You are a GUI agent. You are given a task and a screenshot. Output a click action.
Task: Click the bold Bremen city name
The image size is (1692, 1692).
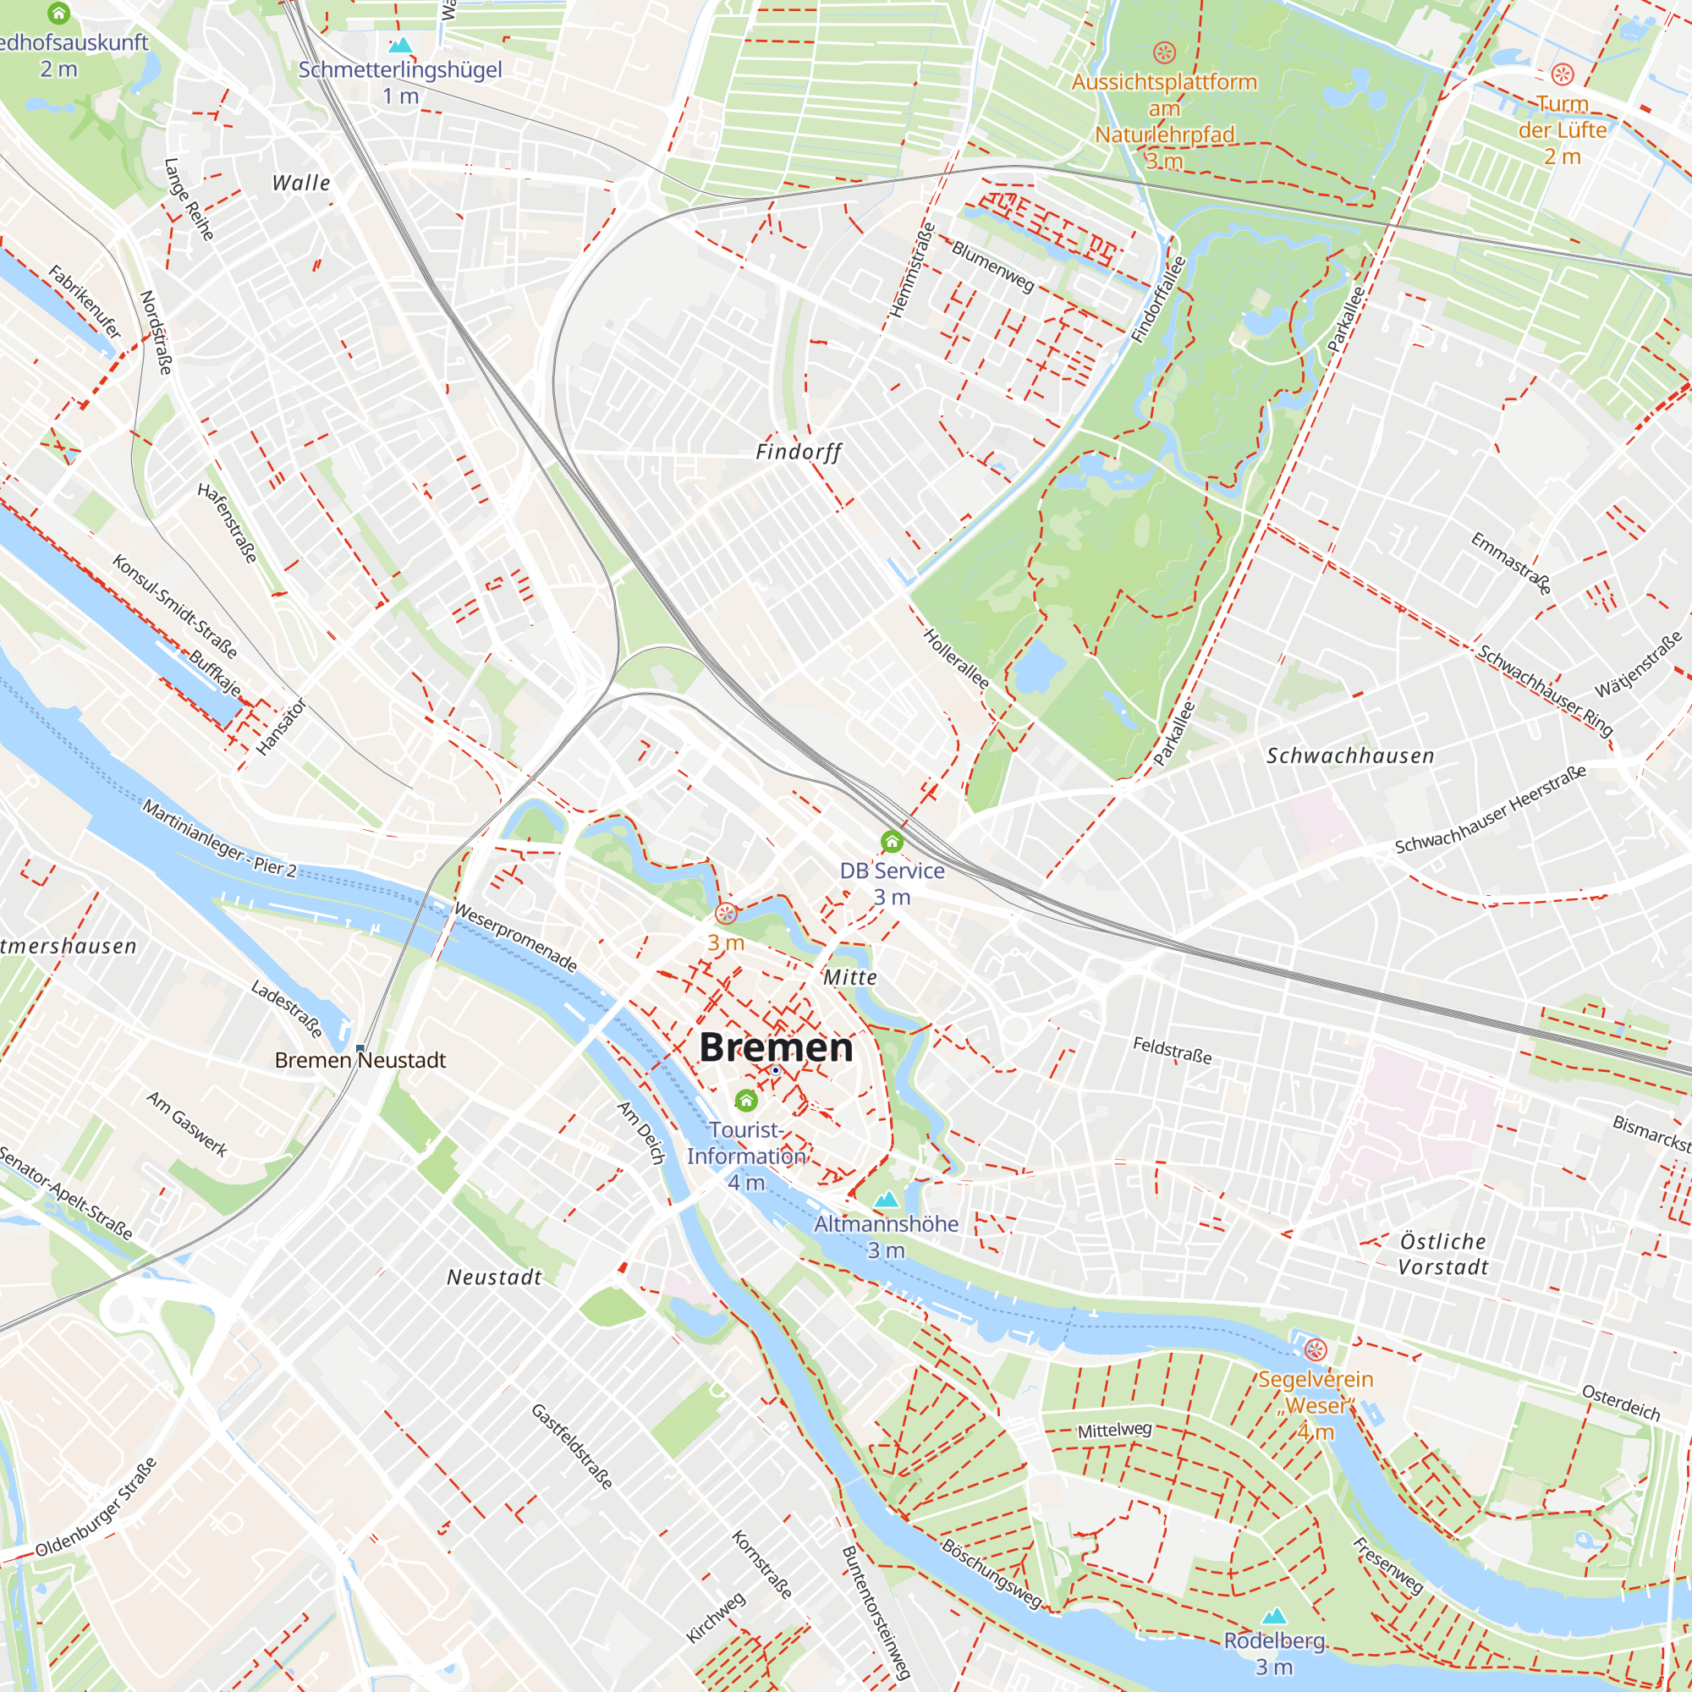775,1047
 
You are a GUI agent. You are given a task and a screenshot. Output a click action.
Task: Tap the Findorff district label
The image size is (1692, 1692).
798,452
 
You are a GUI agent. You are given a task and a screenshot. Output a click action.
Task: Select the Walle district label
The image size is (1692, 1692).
301,183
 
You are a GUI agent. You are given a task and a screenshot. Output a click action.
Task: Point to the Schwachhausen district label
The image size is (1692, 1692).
1350,755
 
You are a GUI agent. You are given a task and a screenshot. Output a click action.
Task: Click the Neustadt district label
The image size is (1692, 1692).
495,1277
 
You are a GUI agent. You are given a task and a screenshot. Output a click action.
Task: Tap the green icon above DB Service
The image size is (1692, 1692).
892,842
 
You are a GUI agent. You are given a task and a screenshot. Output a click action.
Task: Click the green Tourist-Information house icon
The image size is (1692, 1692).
746,1100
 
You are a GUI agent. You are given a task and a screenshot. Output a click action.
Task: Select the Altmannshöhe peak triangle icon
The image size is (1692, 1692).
887,1199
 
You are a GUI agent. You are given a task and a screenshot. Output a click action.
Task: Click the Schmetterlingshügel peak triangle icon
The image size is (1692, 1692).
400,45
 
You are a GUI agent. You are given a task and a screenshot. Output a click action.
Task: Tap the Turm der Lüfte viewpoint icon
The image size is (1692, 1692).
1563,74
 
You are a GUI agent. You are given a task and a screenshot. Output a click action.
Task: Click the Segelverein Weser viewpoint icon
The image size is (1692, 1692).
1316,1349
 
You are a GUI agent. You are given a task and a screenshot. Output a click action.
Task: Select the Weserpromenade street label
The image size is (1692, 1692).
515,938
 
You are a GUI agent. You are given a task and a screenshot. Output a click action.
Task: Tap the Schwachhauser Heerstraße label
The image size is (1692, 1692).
1491,810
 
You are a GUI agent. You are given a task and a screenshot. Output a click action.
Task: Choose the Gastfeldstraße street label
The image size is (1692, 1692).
572,1447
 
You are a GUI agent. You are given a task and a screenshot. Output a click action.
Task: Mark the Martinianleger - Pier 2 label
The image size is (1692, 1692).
219,838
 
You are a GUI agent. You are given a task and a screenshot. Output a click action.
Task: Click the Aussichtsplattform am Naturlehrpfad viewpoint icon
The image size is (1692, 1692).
1164,52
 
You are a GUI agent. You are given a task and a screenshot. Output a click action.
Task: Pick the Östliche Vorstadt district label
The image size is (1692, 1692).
1442,1254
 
